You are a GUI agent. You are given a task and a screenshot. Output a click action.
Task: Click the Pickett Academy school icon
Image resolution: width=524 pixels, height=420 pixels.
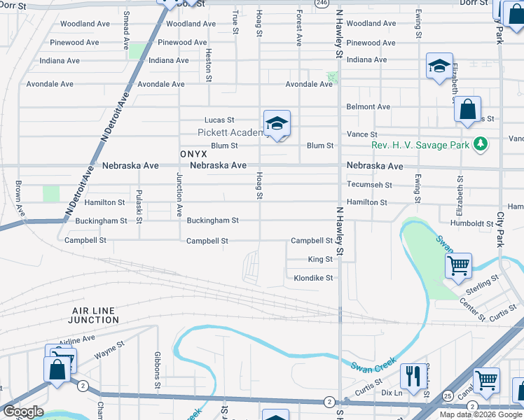(x=277, y=124)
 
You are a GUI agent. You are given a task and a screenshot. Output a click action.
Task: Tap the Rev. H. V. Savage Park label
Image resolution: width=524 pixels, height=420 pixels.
(x=421, y=146)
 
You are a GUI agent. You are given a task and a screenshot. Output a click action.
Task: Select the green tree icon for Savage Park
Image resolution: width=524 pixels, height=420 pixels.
(x=480, y=145)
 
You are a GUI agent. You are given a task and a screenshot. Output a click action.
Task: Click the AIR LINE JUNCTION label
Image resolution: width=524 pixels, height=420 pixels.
(x=95, y=314)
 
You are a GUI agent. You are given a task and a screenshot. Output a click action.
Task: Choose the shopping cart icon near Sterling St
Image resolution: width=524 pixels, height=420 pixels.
(x=458, y=265)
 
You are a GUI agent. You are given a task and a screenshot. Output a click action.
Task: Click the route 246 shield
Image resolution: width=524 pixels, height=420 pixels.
(x=321, y=3)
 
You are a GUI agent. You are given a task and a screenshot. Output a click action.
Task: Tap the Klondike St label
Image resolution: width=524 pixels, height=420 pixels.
(x=313, y=278)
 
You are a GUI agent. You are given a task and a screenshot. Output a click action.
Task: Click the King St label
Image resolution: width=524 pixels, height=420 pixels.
(x=320, y=260)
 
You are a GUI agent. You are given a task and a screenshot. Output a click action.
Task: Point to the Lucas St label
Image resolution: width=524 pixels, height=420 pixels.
(x=219, y=120)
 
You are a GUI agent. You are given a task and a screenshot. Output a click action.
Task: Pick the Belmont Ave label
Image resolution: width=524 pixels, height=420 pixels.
(x=368, y=107)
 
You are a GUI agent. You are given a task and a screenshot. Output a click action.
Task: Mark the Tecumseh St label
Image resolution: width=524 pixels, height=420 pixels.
(x=369, y=185)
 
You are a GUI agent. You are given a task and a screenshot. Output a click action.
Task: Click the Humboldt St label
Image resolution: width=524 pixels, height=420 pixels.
(x=472, y=224)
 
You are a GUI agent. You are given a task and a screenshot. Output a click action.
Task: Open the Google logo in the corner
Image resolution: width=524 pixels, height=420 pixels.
(x=22, y=412)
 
